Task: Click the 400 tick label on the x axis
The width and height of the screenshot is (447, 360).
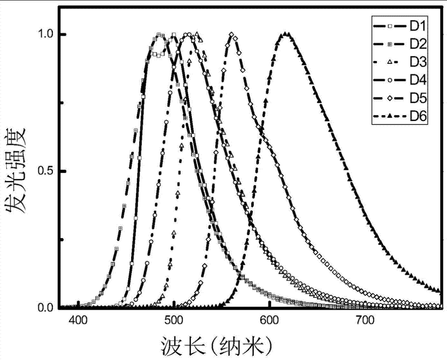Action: [79, 320]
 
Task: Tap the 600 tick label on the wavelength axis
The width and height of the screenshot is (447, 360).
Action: [269, 320]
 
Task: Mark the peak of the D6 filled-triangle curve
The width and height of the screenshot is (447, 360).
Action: [285, 35]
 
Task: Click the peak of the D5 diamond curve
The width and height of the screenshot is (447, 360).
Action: [231, 35]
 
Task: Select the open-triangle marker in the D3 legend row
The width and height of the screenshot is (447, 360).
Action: [390, 62]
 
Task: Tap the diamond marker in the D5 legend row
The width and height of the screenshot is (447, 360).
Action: [390, 98]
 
